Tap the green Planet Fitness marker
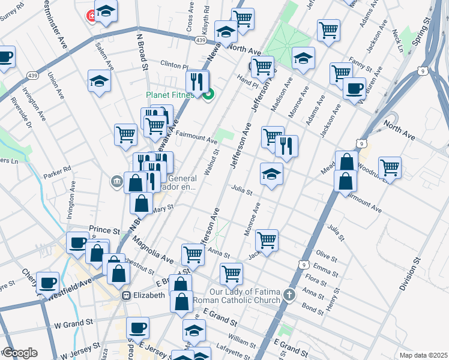tap(208, 95)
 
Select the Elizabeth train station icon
tap(127, 296)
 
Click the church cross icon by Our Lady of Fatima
tap(290, 295)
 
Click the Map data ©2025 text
tap(423, 355)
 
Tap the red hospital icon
tap(92, 15)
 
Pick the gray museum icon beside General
tap(116, 180)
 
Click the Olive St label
tap(326, 254)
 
